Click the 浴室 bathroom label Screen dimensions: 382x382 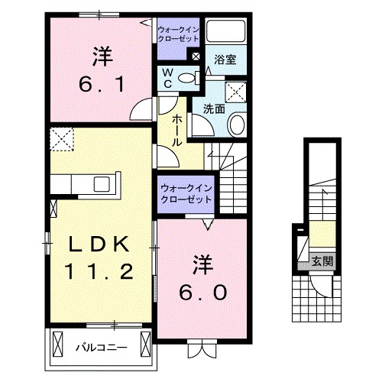pos(225,59)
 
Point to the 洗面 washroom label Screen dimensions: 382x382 pos(213,109)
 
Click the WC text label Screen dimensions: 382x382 pos(167,77)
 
